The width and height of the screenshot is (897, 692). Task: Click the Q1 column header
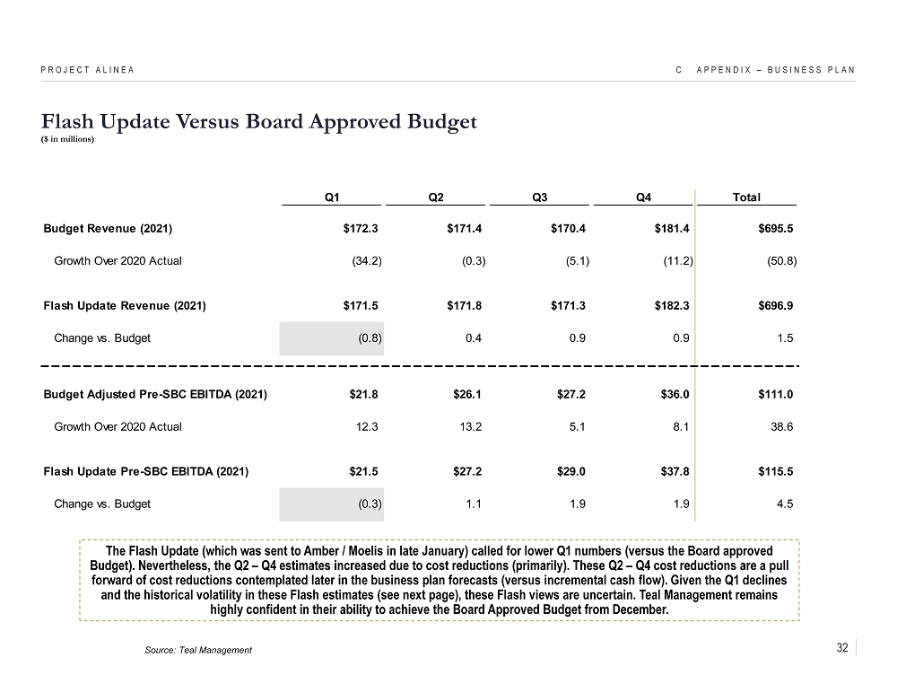[x=332, y=197]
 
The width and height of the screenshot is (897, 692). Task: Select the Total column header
[x=746, y=197]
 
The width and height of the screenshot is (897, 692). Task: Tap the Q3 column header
[x=540, y=197]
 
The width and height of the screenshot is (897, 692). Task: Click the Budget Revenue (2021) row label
[x=108, y=228]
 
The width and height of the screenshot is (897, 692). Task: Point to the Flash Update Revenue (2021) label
[x=125, y=306]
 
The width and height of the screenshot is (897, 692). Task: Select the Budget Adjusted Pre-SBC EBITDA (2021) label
[x=154, y=394]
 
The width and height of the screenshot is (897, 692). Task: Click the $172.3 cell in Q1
[x=361, y=228]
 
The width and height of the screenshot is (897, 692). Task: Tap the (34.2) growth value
[x=365, y=261]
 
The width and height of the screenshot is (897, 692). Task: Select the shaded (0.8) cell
[x=367, y=338]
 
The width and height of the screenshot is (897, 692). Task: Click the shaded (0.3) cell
[x=367, y=504]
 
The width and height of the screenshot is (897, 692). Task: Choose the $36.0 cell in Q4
[x=673, y=394]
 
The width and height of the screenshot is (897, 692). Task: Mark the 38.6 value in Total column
[x=782, y=426]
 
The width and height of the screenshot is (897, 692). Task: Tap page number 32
[x=841, y=648]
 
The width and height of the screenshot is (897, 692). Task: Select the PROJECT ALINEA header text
[x=89, y=70]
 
